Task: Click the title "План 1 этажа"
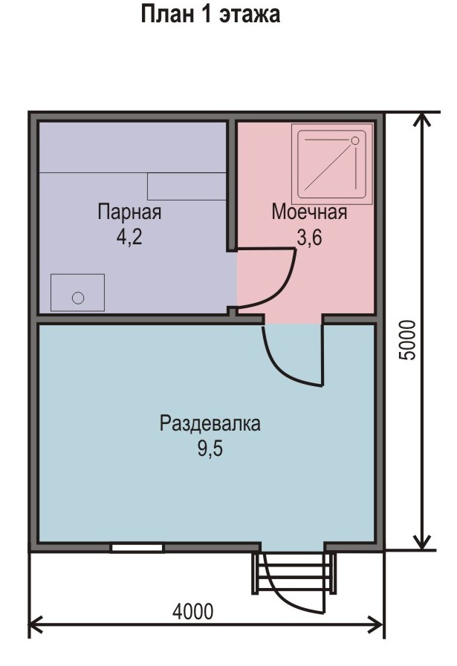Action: click(210, 14)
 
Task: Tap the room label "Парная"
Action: click(129, 212)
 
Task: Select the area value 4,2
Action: click(129, 237)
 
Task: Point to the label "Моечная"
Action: click(309, 212)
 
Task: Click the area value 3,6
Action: click(309, 237)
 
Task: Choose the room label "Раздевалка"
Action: click(210, 423)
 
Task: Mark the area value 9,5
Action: click(210, 448)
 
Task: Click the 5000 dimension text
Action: click(407, 340)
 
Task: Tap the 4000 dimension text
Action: click(193, 612)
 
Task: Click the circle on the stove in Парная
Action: click(78, 298)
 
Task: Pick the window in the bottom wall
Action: click(137, 547)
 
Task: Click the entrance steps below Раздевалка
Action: click(294, 573)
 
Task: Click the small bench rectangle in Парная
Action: click(187, 186)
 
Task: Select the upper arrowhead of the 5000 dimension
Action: click(422, 120)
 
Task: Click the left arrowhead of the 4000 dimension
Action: click(36, 625)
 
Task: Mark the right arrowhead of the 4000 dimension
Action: click(376, 625)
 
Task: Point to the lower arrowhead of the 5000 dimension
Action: click(422, 543)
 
